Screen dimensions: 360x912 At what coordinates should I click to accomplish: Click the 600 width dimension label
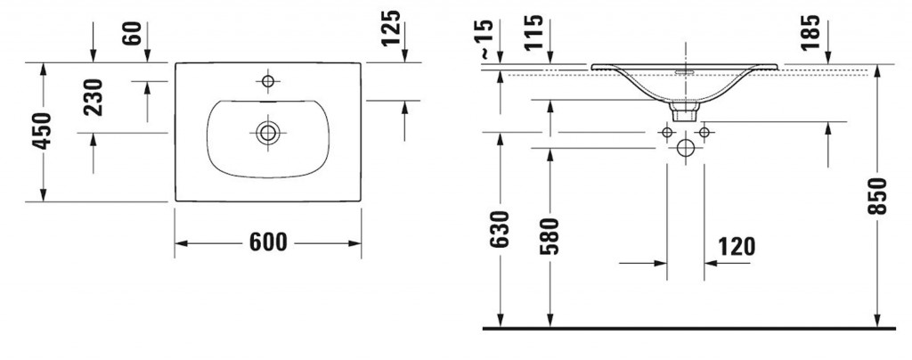click(x=267, y=242)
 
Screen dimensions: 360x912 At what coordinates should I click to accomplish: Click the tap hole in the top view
click(x=267, y=82)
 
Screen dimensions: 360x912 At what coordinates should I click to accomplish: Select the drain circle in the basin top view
click(x=267, y=133)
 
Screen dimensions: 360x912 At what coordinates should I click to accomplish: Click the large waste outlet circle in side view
click(x=685, y=149)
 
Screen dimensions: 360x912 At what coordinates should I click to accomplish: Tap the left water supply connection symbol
click(x=666, y=133)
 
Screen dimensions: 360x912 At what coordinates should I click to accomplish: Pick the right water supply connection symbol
click(x=704, y=133)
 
